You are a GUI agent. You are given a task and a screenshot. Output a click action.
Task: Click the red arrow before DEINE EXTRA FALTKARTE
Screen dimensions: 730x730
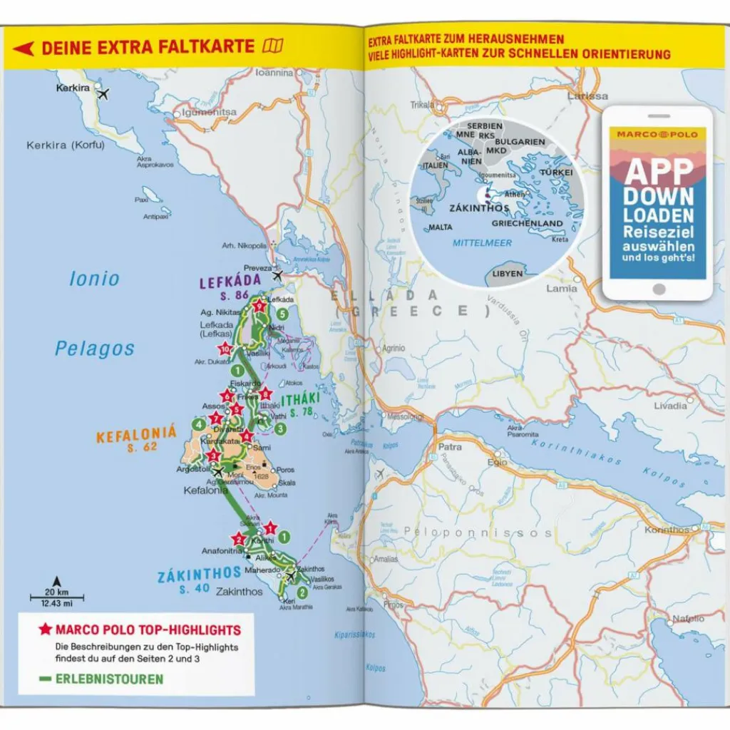pos(24,48)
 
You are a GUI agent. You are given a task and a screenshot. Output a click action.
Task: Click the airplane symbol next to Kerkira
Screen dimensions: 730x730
pos(104,93)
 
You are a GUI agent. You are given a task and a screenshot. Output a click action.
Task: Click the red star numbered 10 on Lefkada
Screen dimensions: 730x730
pos(225,349)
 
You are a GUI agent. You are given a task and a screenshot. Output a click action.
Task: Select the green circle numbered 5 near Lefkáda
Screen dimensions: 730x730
pos(283,314)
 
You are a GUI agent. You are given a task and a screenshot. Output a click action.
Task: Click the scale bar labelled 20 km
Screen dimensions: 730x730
pos(56,597)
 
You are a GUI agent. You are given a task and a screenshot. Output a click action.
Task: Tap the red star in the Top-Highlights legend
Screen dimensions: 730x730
pos(45,629)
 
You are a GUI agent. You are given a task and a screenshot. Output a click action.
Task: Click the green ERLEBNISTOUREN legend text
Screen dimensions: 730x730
pos(110,679)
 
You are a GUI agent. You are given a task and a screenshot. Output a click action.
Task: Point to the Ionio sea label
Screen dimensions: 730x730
pos(94,279)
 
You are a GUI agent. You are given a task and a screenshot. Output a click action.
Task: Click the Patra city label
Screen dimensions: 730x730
pos(450,448)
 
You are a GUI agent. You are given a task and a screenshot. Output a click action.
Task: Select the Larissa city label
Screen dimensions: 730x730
pos(588,96)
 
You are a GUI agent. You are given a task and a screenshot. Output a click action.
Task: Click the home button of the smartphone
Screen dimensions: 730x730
pos(659,289)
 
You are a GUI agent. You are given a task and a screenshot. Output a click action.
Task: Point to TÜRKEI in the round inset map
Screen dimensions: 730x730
pos(557,173)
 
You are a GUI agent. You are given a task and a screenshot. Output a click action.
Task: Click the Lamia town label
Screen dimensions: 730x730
pos(562,289)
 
